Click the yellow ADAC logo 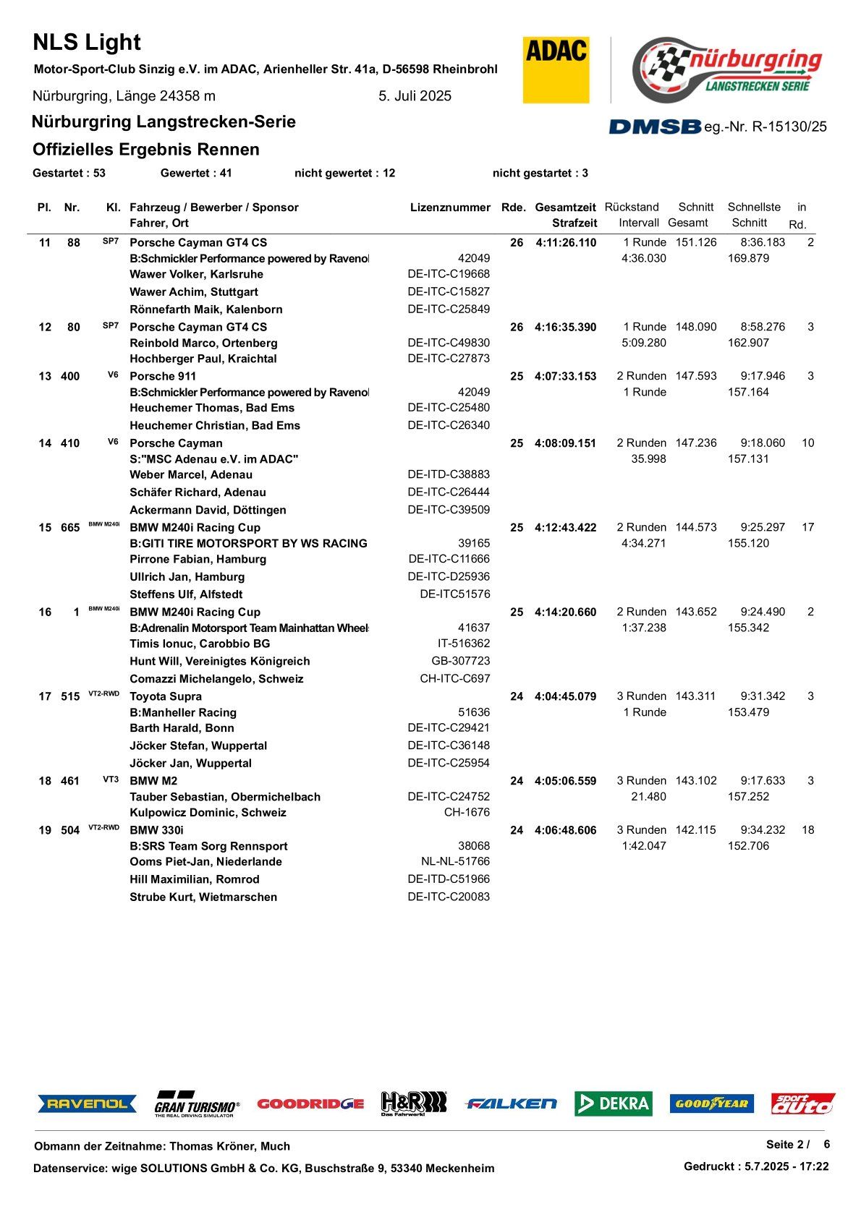[556, 69]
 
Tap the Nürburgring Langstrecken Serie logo [727, 70]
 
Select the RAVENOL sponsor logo [87, 1103]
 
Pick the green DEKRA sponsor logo [614, 1103]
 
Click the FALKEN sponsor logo [512, 1103]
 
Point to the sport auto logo [803, 1103]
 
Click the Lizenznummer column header [450, 208]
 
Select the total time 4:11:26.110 [566, 243]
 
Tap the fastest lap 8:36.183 [763, 242]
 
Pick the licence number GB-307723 [460, 661]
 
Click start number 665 [70, 528]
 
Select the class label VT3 [111, 780]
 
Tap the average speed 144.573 [696, 527]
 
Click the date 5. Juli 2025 [415, 96]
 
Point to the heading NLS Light [87, 43]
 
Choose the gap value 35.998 [648, 459]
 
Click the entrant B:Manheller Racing [183, 712]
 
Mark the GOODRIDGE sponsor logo [310, 1103]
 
